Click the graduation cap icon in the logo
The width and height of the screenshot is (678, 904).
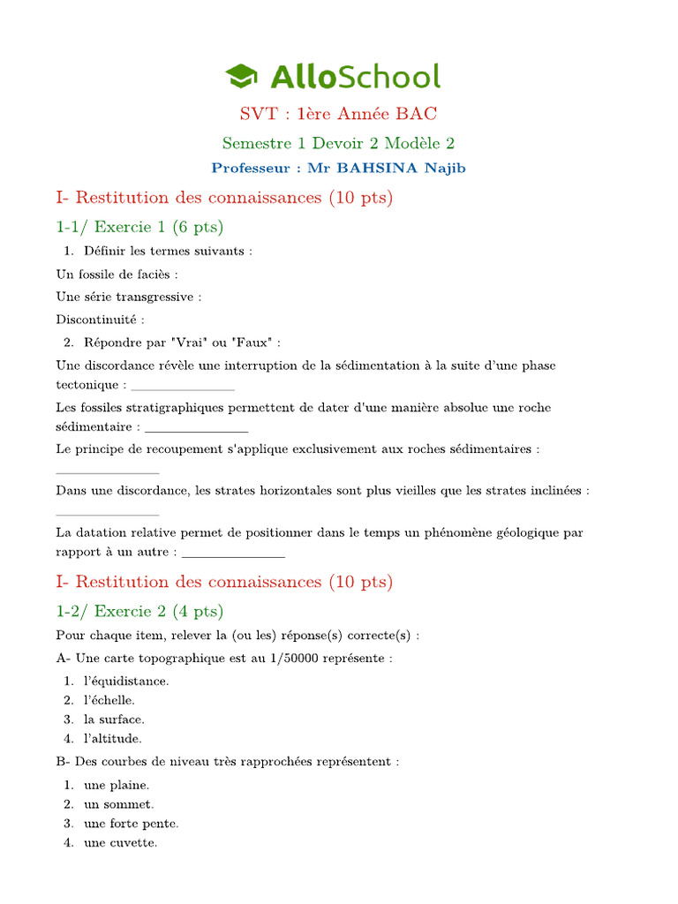click(x=242, y=76)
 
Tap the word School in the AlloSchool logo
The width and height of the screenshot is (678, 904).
click(x=388, y=77)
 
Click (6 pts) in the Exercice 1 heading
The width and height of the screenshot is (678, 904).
click(x=199, y=227)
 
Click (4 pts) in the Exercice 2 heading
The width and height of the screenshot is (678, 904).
click(x=200, y=611)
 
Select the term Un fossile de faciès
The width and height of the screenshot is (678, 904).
click(x=116, y=275)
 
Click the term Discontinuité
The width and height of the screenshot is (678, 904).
click(x=98, y=319)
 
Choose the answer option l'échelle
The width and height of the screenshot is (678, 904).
click(x=109, y=700)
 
